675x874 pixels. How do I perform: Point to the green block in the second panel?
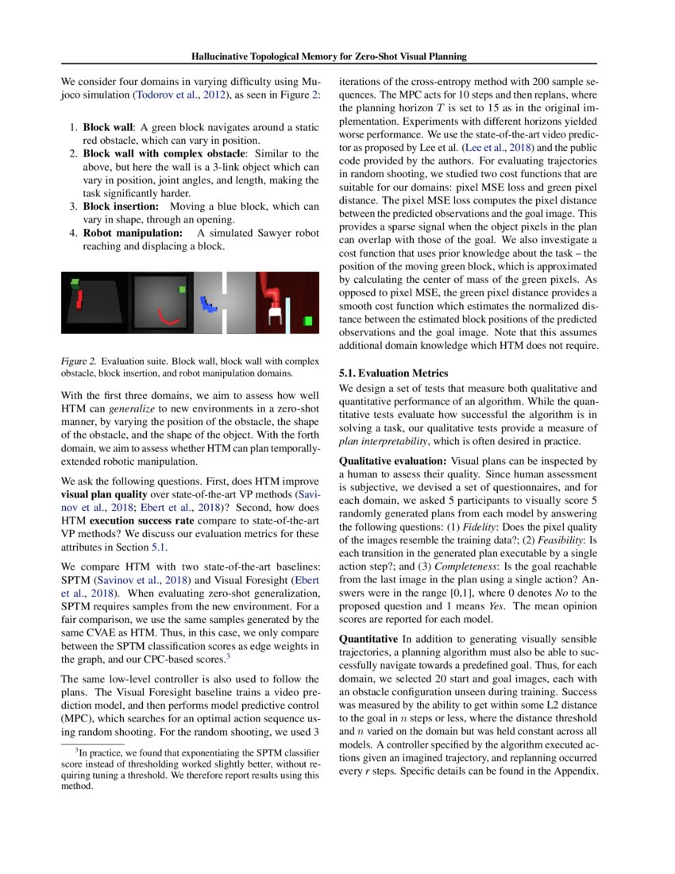[x=182, y=289]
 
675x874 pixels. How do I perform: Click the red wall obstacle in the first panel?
[x=79, y=298]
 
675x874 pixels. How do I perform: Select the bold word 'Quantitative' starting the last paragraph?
[x=369, y=639]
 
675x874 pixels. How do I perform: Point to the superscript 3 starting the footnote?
[x=77, y=749]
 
